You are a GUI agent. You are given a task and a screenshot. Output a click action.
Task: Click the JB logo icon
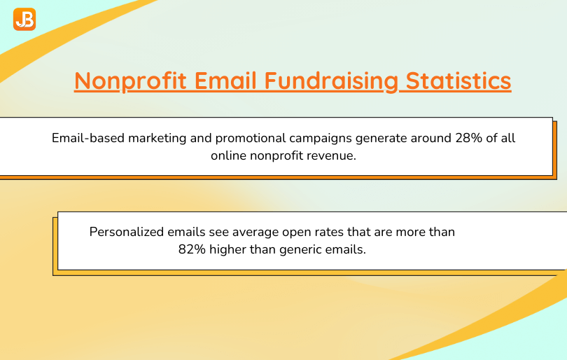(x=24, y=19)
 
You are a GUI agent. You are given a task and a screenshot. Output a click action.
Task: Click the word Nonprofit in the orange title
(x=130, y=81)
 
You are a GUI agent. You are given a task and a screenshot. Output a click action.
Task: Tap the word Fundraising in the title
(x=331, y=81)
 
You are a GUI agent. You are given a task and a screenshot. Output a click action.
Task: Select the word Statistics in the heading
(x=458, y=81)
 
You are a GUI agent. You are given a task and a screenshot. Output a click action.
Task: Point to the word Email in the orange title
(x=225, y=80)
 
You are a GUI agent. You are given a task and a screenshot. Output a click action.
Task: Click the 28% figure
(x=468, y=138)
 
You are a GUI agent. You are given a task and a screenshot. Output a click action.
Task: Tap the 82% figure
(x=192, y=249)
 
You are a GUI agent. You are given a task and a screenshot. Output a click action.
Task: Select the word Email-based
(x=88, y=138)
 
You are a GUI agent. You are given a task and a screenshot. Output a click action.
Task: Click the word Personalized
(x=127, y=232)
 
